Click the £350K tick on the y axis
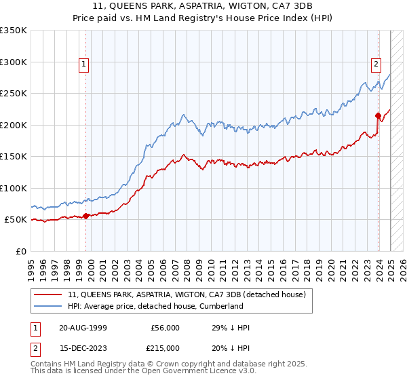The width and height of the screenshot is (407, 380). tap(15, 31)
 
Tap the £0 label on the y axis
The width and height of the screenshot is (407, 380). tap(22, 251)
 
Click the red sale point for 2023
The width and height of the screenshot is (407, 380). tap(378, 115)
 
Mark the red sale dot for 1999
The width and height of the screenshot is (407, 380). tap(86, 216)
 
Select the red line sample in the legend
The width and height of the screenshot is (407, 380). tap(49, 294)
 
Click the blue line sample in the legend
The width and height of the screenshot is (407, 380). tap(49, 306)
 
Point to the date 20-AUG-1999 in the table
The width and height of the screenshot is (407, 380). tap(83, 328)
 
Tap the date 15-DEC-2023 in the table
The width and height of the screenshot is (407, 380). tap(83, 347)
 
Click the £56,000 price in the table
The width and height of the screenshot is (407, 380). tap(166, 328)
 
